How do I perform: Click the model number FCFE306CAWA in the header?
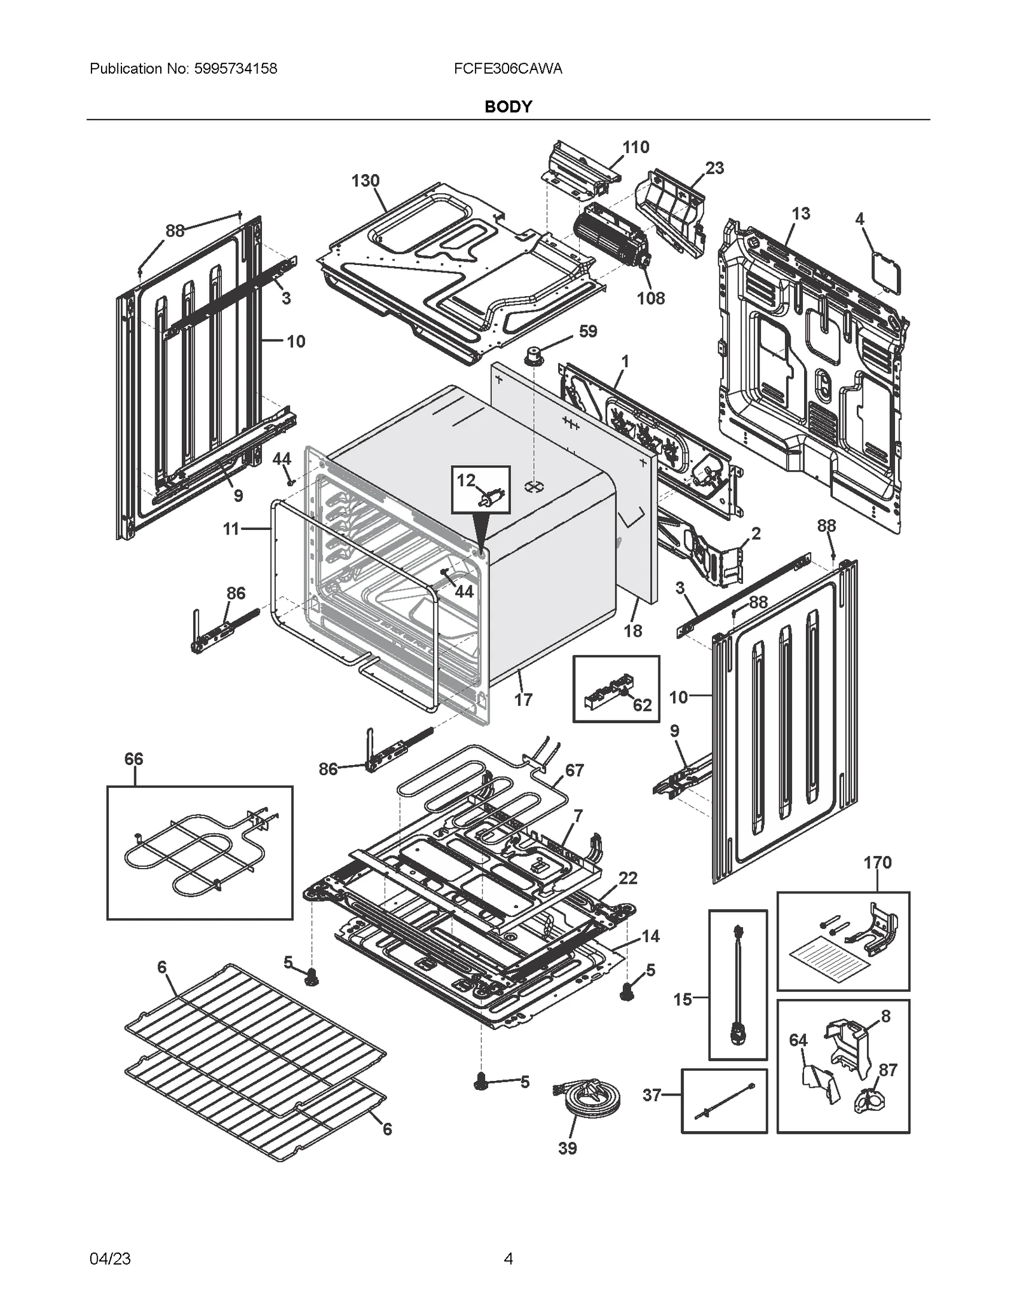508,69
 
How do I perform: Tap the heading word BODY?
508,107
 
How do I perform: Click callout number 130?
365,181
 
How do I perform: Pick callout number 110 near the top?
636,147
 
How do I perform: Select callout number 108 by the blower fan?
651,298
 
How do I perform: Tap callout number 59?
588,331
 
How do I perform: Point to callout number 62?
642,705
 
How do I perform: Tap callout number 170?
877,862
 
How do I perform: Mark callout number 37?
652,1095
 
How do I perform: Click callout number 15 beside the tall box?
683,1000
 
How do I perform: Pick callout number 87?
888,1070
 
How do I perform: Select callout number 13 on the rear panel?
801,214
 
